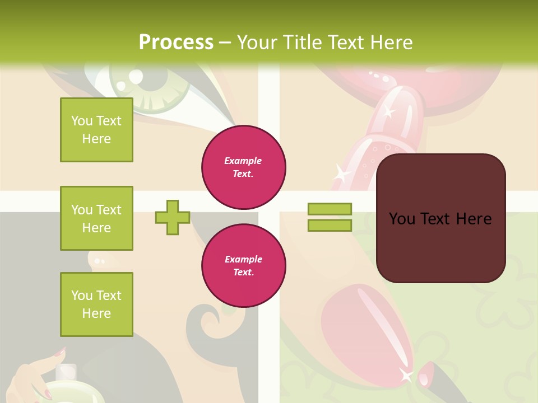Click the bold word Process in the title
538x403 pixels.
(x=176, y=43)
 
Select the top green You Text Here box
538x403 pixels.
(x=96, y=130)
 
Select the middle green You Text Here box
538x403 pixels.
(x=96, y=218)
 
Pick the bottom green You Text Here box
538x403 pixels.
(x=96, y=304)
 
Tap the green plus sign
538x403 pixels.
(x=173, y=217)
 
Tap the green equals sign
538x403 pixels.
(x=330, y=217)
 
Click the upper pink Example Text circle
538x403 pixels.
(x=244, y=167)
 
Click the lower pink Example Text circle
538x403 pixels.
(x=244, y=266)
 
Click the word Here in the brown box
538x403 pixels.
(x=474, y=219)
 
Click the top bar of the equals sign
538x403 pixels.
(x=330, y=209)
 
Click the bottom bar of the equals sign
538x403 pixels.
(x=330, y=225)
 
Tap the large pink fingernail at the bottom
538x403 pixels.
(x=359, y=325)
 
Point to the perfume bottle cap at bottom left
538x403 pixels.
(x=67, y=371)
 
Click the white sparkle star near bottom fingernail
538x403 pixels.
(x=405, y=375)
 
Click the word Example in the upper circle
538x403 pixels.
(x=243, y=161)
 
